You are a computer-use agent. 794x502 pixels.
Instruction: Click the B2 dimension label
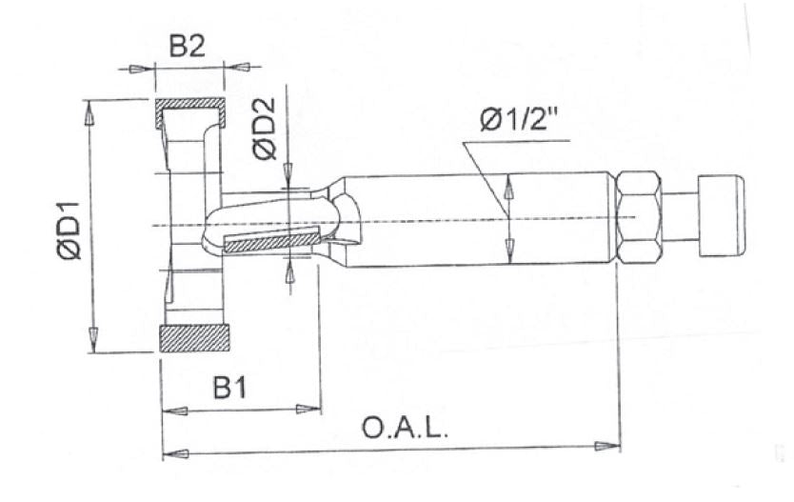coord(188,47)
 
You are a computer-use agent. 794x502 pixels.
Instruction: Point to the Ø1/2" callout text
coord(520,120)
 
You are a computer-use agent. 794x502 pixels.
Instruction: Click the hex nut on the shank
coord(639,217)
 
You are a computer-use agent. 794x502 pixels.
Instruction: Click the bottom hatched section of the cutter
coord(195,338)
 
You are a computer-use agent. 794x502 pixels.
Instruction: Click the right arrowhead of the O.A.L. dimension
coord(608,446)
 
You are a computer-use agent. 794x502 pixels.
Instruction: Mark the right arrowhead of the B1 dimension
coord(309,410)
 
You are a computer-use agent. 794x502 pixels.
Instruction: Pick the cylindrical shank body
coord(476,218)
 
